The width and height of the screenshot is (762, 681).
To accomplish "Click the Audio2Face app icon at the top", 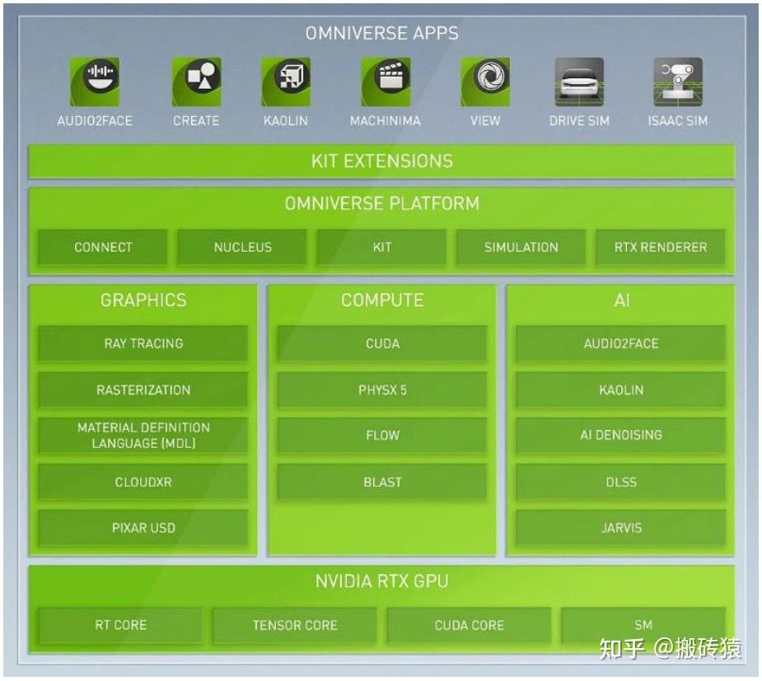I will coord(94,82).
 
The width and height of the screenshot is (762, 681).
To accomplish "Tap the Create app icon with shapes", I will coord(196,82).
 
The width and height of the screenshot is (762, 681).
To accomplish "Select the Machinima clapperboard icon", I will coord(385,82).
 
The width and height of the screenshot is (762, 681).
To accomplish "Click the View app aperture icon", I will coord(484,82).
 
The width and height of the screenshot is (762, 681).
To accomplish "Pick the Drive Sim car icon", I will coord(578,82).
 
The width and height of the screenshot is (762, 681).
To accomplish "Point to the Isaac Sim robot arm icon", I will coord(677,82).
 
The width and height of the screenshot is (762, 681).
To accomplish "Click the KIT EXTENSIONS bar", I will coord(381,161).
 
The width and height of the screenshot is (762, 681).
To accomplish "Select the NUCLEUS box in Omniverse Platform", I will coord(242,247).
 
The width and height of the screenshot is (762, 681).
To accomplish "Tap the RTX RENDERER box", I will coord(661,247).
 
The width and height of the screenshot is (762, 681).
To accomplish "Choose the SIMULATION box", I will coord(521,247).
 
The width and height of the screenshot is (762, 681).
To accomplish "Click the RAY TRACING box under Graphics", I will coord(143,343).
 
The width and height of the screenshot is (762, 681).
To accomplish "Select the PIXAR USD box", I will coord(143,528).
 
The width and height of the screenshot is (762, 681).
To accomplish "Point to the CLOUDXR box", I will coord(143,482).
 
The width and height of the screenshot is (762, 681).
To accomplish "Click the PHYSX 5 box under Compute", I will coord(382,389).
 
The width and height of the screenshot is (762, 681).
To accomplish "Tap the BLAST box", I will coord(382,482).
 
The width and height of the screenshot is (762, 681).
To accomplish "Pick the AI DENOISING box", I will coord(621,435).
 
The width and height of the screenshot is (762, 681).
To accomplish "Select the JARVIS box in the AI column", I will coord(621,528).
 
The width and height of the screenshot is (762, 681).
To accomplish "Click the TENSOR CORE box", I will coord(295,625).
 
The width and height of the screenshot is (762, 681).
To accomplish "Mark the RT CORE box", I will coord(120,625).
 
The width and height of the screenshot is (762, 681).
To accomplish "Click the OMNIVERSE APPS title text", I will coord(381,34).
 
